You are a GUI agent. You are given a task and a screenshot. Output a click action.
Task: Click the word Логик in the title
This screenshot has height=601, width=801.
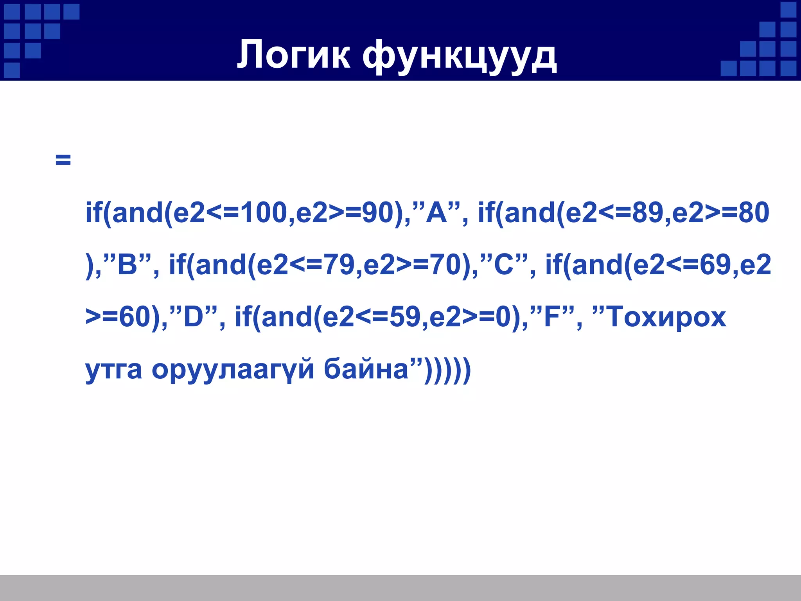point(293,55)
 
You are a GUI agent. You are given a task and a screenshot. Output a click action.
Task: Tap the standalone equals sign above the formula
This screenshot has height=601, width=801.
point(63,160)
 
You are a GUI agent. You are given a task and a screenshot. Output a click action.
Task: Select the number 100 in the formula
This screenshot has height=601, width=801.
point(264,213)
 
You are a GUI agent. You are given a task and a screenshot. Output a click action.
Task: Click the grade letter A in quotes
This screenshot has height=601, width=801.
point(437,213)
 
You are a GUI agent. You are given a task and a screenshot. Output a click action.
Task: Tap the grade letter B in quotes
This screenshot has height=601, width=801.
point(127,265)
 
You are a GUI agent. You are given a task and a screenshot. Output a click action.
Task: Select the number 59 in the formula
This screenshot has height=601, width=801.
point(405,317)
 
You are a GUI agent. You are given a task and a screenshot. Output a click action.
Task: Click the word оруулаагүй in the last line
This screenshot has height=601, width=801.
point(233,369)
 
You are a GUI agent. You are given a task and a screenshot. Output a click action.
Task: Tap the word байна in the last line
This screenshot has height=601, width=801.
point(366,369)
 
